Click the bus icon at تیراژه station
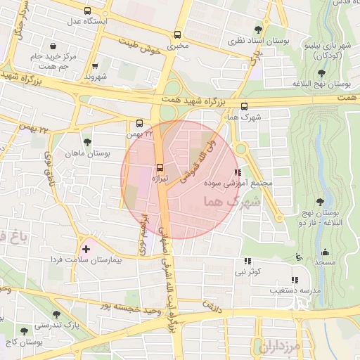coord(160,167)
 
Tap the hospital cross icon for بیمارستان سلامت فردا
coord(86,249)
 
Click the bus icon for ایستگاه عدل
coord(87,11)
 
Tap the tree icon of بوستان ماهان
coord(87,142)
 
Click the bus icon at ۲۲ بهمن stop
coord(140,122)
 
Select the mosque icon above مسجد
coord(325,252)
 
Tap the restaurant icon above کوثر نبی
coord(247,261)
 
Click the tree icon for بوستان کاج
coord(25,330)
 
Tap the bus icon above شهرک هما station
coord(244,106)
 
